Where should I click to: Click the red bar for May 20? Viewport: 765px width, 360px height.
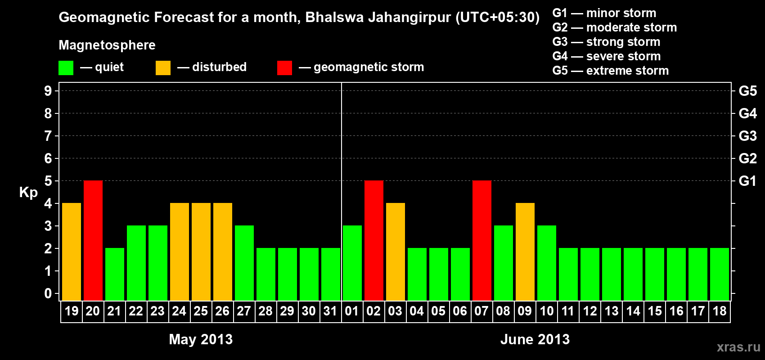point(93,240)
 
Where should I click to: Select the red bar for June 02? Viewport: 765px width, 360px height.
point(374,240)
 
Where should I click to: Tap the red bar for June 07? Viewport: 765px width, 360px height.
point(482,240)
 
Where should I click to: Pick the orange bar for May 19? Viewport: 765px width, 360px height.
point(72,252)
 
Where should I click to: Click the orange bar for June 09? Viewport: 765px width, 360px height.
point(525,252)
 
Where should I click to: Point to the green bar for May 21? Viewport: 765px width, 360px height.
point(115,274)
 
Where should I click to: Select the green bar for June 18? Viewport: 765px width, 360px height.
point(720,274)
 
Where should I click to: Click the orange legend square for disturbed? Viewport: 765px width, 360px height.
point(163,68)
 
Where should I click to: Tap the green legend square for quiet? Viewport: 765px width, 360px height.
point(66,68)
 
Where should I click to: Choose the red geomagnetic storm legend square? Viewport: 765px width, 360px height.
point(284,68)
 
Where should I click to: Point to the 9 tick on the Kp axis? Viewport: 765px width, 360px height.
point(48,91)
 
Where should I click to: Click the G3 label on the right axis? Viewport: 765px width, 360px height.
point(747,136)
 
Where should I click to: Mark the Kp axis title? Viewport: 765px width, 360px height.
point(28,193)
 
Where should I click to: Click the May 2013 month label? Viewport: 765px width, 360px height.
point(201,339)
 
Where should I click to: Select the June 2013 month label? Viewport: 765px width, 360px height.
point(535,339)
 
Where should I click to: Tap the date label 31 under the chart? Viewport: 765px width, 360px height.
point(330,311)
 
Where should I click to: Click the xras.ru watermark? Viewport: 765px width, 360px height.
point(738,347)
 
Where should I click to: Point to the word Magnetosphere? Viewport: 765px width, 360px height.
point(107,45)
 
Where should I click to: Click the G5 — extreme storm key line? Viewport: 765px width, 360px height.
point(610,71)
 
